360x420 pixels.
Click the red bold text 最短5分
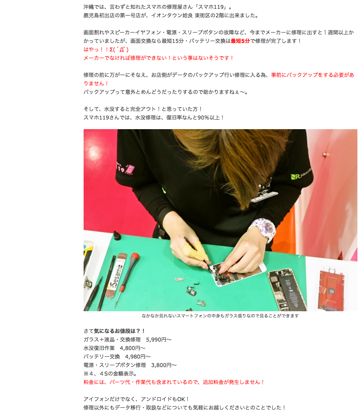tap(240, 41)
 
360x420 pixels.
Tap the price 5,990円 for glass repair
tap(156, 340)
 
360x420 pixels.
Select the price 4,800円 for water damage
tap(130, 348)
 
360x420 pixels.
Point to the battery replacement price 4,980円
tap(135, 357)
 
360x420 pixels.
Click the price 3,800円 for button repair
tap(161, 365)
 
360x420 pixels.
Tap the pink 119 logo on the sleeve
tap(125, 168)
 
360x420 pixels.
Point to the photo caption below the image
tap(220, 316)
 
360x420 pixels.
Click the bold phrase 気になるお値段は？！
tap(120, 331)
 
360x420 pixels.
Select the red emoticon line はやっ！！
tap(106, 50)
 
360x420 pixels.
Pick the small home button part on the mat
tap(191, 292)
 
